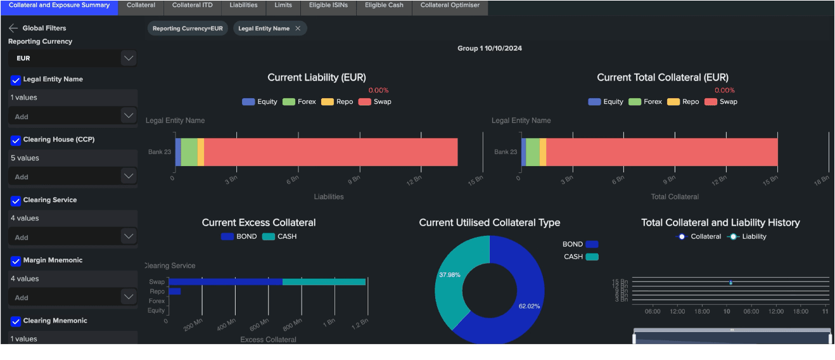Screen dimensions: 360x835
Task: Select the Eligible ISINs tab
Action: point(328,5)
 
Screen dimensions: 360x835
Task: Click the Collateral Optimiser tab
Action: point(450,5)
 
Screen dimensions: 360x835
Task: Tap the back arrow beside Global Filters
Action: point(13,28)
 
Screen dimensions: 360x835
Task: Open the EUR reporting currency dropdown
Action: point(129,58)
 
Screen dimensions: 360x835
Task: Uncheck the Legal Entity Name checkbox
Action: point(16,80)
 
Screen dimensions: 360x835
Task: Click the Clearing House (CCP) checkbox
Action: point(16,140)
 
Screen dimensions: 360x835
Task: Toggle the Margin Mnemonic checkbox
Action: point(16,261)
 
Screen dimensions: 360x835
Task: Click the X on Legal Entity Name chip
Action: point(298,29)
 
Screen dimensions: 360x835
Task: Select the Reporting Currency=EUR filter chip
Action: point(188,29)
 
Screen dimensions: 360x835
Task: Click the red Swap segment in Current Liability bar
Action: point(329,152)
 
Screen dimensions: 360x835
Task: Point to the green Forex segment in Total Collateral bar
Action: point(532,152)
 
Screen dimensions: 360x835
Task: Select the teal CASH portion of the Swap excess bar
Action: point(324,282)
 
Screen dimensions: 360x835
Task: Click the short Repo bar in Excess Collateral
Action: point(174,292)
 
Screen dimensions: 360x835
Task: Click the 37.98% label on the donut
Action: point(449,275)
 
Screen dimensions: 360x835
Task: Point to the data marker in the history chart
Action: point(730,283)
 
